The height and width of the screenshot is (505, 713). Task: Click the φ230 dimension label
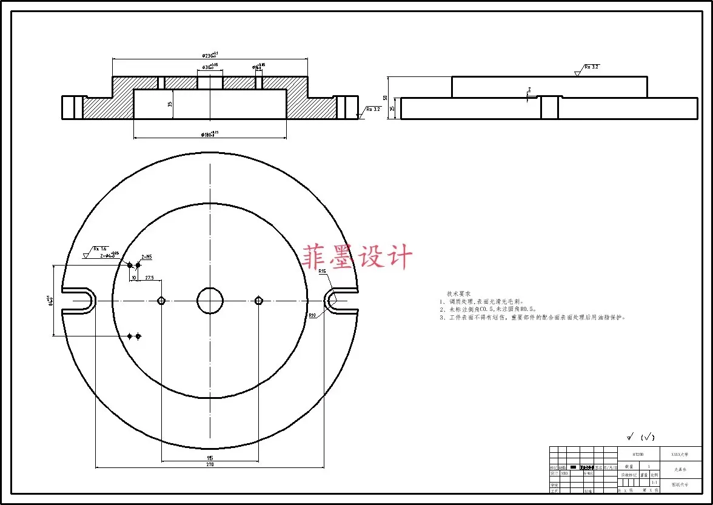click(x=210, y=55)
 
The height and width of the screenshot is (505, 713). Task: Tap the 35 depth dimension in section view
click(x=170, y=104)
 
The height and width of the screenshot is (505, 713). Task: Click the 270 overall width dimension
click(x=210, y=464)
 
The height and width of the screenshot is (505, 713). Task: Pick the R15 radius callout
click(x=323, y=272)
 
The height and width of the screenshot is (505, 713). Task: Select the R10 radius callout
click(x=312, y=315)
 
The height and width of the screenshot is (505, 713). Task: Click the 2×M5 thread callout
click(x=146, y=257)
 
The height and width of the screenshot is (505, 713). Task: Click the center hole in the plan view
click(x=210, y=300)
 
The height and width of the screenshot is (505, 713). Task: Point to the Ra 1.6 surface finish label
click(x=99, y=249)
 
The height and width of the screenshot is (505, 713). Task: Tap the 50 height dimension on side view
click(x=384, y=98)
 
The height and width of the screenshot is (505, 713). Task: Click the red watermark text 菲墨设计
click(x=358, y=257)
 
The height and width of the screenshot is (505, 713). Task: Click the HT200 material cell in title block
click(x=638, y=453)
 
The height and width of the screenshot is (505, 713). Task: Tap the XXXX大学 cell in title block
click(x=679, y=453)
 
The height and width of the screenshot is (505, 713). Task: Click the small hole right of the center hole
click(x=259, y=300)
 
